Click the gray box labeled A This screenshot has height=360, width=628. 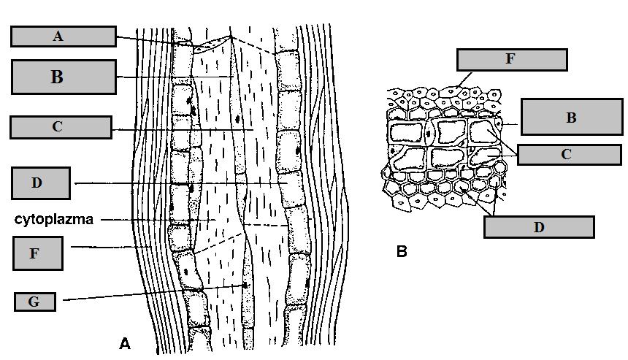pyautogui.click(x=63, y=37)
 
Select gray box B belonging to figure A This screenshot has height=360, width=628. pyautogui.click(x=64, y=77)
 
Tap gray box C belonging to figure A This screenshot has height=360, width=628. pyautogui.click(x=60, y=127)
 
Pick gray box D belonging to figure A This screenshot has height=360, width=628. pyautogui.click(x=41, y=183)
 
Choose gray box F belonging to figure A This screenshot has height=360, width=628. pyautogui.click(x=37, y=253)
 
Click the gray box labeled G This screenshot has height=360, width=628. pyautogui.click(x=34, y=301)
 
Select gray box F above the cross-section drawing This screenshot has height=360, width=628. pyautogui.click(x=511, y=60)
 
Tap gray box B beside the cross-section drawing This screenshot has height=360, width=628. pyautogui.click(x=571, y=118)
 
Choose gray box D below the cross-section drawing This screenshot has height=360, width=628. pyautogui.click(x=538, y=227)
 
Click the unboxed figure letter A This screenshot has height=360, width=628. pyautogui.click(x=124, y=342)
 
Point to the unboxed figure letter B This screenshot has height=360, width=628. pyautogui.click(x=402, y=253)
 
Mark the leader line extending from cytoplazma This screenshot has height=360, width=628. pyautogui.click(x=146, y=218)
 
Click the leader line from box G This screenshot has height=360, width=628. pyautogui.click(x=146, y=293)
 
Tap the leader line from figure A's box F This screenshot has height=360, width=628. pyautogui.click(x=110, y=248)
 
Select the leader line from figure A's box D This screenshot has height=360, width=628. pyautogui.click(x=175, y=183)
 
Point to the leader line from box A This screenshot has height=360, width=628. pyautogui.click(x=146, y=40)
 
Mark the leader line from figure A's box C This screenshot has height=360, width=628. pyautogui.click(x=183, y=130)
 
